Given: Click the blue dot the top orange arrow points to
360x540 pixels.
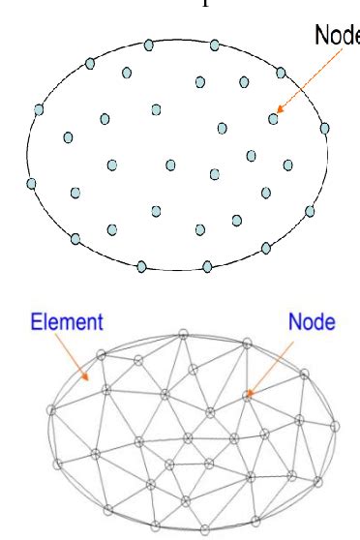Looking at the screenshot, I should pyautogui.click(x=274, y=119).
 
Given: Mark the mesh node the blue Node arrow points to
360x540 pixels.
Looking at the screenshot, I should pyautogui.click(x=247, y=394).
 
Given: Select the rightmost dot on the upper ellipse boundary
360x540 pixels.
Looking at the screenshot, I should pyautogui.click(x=324, y=128).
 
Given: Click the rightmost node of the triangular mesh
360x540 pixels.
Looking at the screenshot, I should pyautogui.click(x=336, y=425).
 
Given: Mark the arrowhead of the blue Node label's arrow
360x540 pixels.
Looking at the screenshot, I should pyautogui.click(x=251, y=390).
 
